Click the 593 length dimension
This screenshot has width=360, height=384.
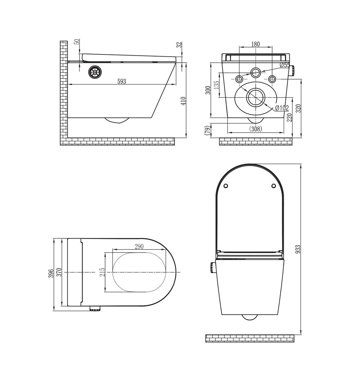[x=122, y=82]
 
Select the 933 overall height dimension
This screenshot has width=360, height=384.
[x=298, y=249]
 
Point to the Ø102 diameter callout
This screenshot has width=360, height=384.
[x=282, y=108]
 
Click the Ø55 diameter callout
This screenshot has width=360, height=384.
[x=285, y=65]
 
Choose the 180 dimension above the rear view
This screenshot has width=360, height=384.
[x=255, y=44]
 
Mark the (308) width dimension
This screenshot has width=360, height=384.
[x=256, y=128]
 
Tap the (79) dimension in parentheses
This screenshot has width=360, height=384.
[x=207, y=130]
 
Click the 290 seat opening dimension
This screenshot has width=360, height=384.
[x=139, y=246]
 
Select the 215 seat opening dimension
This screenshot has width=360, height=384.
[x=102, y=272]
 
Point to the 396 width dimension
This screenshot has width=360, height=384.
[x=51, y=274]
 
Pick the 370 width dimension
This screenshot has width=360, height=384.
[x=59, y=272]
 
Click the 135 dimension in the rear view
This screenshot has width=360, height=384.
[x=216, y=85]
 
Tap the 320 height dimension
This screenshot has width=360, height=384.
[x=298, y=108]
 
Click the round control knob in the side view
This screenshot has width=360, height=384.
[x=94, y=72]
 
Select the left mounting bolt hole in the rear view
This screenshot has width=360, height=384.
[x=239, y=79]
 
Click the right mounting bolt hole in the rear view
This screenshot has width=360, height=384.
[x=272, y=79]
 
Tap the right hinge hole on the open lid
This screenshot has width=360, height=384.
[x=274, y=186]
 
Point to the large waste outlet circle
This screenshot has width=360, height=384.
[x=256, y=97]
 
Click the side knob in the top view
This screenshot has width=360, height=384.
[x=95, y=308]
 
